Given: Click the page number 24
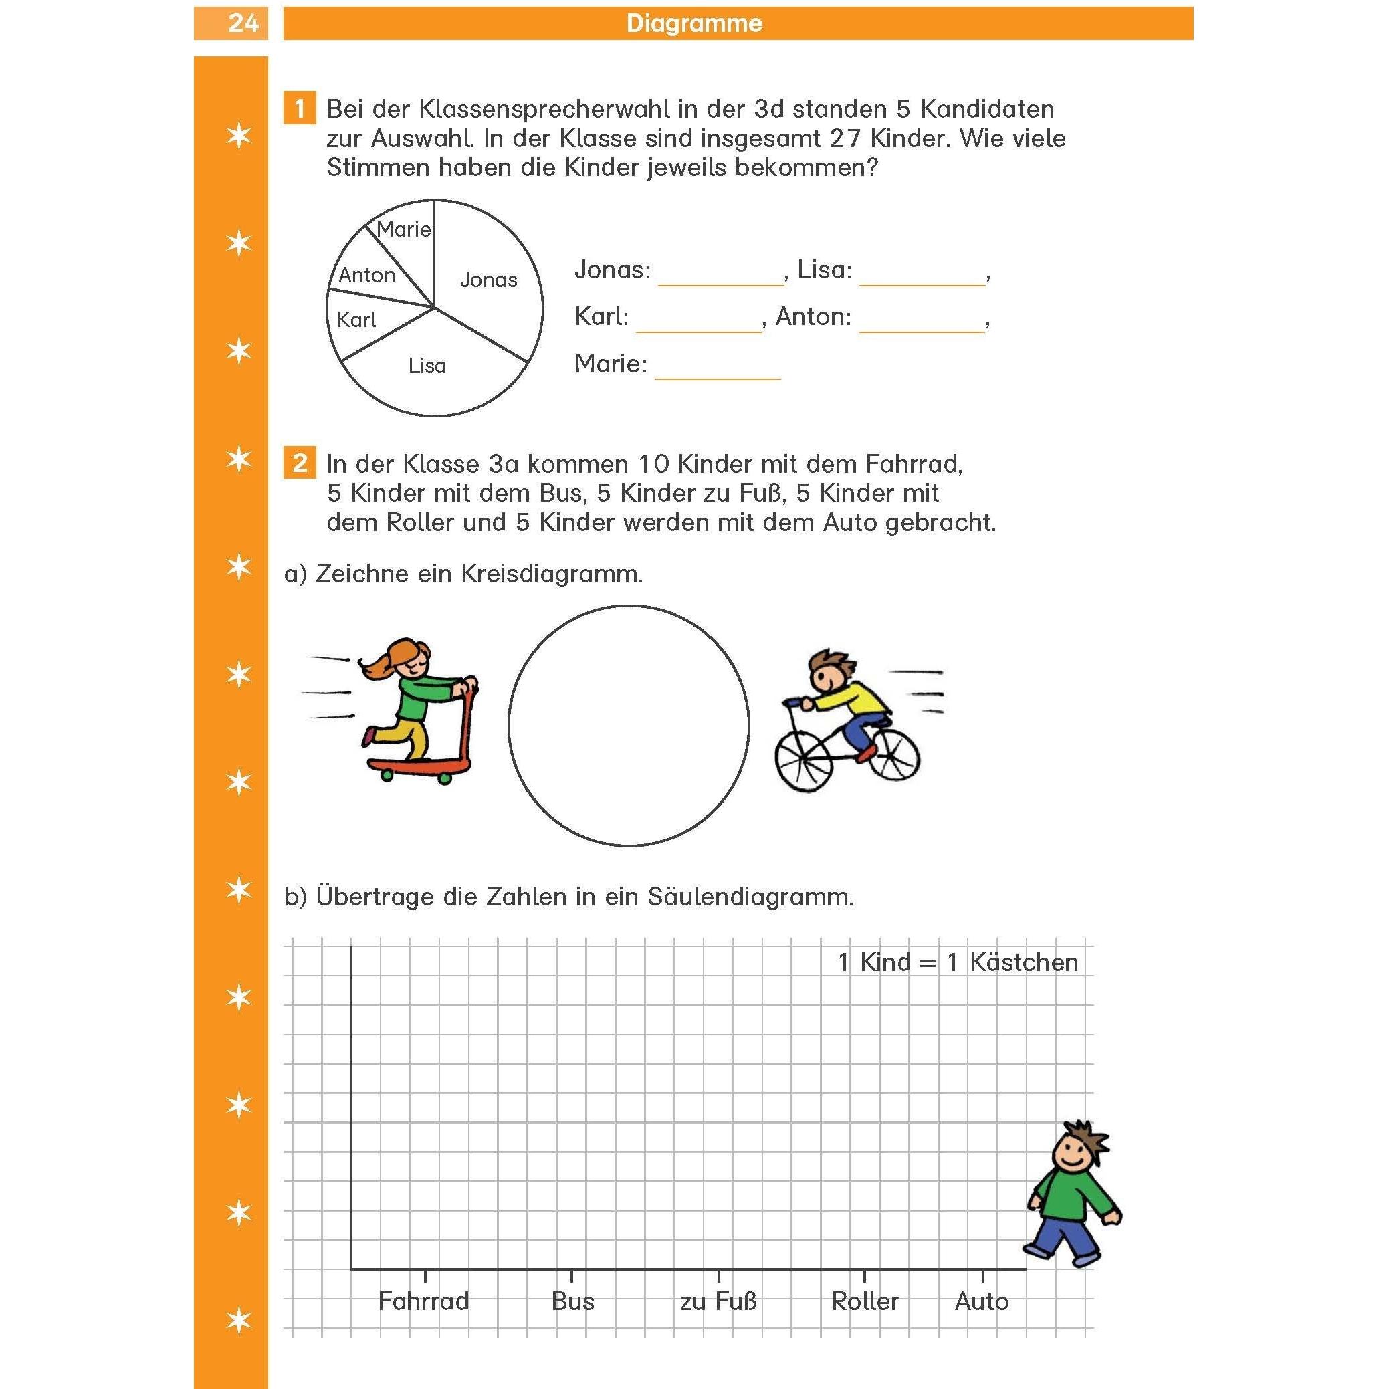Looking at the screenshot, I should [243, 23].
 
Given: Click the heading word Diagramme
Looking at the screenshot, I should [693, 23].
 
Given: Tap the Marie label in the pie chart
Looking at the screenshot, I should [403, 230].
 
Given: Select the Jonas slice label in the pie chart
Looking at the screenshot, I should [488, 280].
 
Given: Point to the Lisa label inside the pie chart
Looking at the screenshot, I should [427, 366].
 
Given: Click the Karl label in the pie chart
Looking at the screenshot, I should [356, 320].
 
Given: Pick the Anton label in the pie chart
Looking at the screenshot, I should [366, 276].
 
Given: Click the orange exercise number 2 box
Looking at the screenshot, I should [299, 463].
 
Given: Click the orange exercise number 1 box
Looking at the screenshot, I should [299, 109].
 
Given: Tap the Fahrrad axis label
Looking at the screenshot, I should [423, 1301].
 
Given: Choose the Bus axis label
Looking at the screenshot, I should [572, 1301].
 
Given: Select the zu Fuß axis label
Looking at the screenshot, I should [718, 1301].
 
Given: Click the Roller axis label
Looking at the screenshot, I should [865, 1301].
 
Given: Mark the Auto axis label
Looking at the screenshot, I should [981, 1301].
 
